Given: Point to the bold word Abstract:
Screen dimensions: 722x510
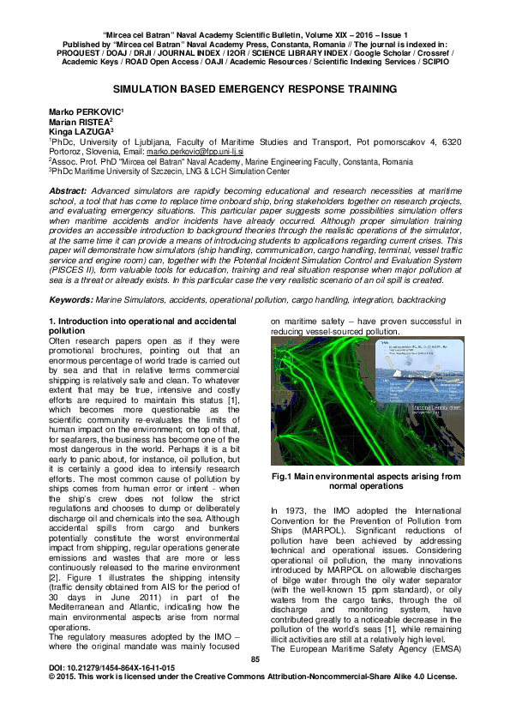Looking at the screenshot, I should pos(68,189).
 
